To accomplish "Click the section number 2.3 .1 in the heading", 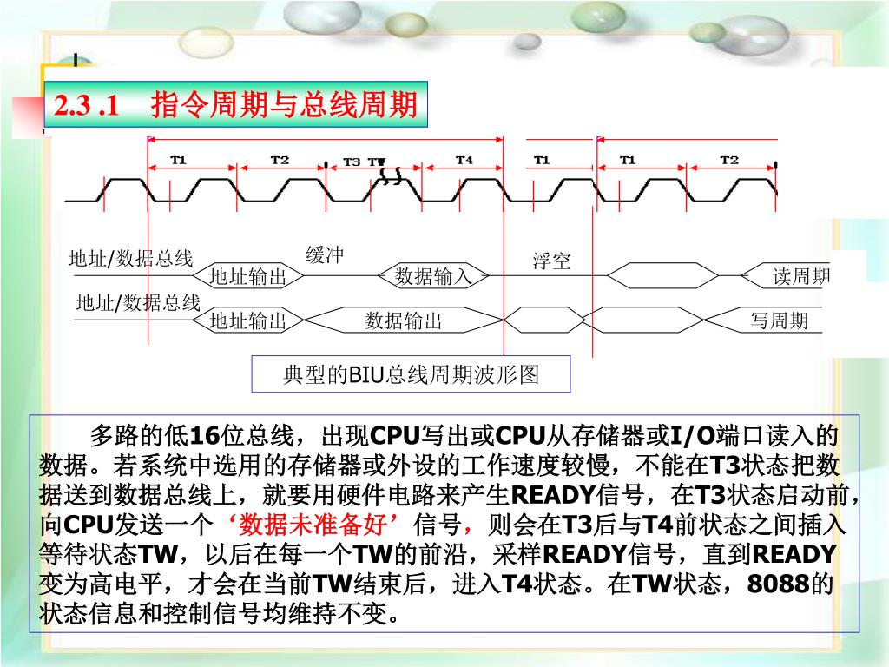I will click(x=86, y=106).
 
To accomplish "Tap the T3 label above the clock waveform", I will click(x=351, y=162).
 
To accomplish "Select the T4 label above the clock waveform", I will click(x=464, y=160).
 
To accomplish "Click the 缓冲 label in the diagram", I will click(x=325, y=254).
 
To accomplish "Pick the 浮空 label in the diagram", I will click(x=551, y=261).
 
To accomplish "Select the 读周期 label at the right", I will click(x=801, y=277).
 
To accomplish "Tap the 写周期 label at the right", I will click(x=779, y=321).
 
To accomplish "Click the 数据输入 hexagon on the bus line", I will click(x=432, y=277).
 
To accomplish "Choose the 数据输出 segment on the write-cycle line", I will click(x=404, y=321).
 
